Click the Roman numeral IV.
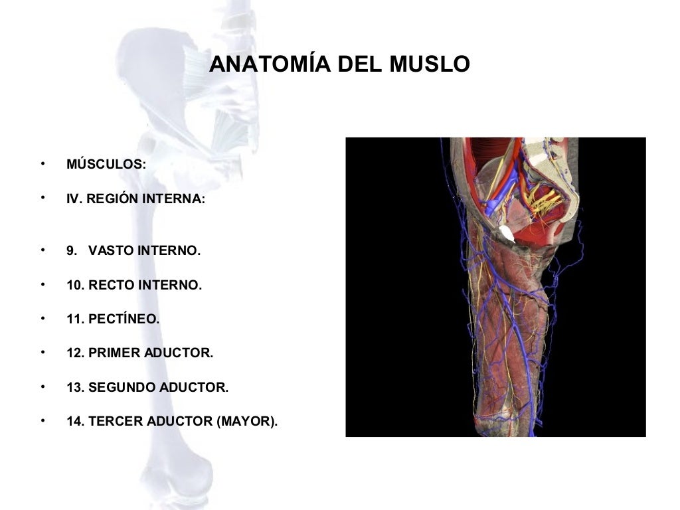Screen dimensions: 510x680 pyautogui.click(x=74, y=199)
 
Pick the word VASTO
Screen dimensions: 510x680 pyautogui.click(x=111, y=251)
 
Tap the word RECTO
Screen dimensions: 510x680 pyautogui.click(x=112, y=286)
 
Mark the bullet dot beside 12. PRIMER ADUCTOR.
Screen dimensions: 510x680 pyautogui.click(x=42, y=352)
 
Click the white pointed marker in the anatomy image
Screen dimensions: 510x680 pyautogui.click(x=507, y=233)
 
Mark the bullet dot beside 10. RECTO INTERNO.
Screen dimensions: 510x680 pyautogui.click(x=42, y=284)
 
